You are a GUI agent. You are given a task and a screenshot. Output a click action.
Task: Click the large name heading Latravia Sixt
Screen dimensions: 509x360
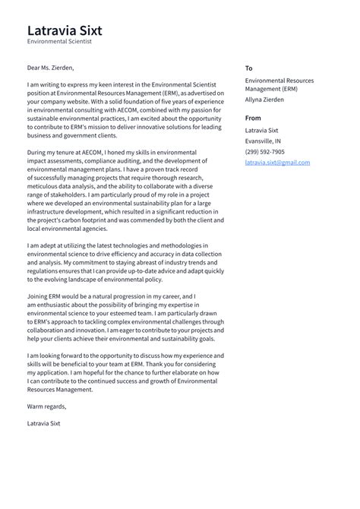pyautogui.click(x=65, y=30)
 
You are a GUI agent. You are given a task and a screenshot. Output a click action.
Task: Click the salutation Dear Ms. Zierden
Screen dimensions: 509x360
pyautogui.click(x=55, y=67)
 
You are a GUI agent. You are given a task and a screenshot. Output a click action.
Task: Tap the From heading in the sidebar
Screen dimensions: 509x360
pyautogui.click(x=253, y=118)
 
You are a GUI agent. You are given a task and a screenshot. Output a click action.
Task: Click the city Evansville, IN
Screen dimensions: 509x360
pyautogui.click(x=262, y=141)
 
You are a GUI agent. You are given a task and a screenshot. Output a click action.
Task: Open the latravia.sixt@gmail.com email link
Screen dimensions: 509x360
pyautogui.click(x=277, y=163)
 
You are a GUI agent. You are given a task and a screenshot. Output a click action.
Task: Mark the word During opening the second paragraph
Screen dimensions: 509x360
pyautogui.click(x=39, y=153)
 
